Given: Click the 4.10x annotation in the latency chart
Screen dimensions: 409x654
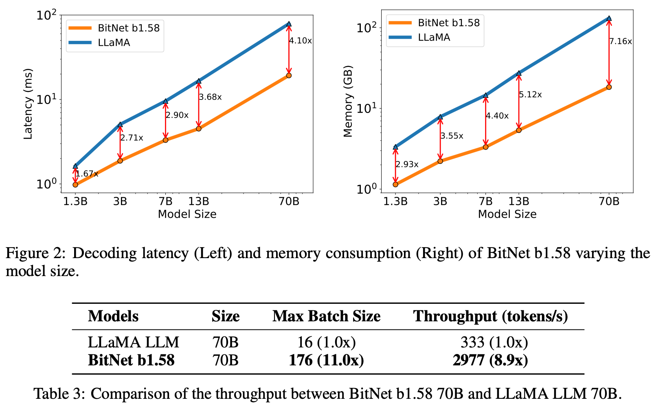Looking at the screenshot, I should (301, 41).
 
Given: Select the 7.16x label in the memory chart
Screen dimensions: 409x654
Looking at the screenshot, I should (621, 41).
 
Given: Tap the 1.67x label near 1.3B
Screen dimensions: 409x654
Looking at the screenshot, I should (87, 174).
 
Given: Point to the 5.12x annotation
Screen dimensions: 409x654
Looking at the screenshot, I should (530, 95).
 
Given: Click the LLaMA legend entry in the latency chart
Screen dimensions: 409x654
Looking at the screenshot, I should (114, 43).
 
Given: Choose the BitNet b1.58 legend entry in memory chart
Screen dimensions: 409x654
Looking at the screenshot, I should (449, 23).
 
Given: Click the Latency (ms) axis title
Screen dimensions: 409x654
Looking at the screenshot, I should (28, 104).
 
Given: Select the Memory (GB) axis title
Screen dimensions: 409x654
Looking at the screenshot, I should (348, 102).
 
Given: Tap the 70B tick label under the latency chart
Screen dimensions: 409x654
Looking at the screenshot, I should (289, 201).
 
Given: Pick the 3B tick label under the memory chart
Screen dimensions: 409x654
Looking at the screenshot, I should (440, 201).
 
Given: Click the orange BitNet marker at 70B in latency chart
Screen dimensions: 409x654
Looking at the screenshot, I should (289, 75).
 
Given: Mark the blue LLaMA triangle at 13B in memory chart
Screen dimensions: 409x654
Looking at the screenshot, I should (519, 73).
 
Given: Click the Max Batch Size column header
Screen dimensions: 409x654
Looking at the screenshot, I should (326, 316).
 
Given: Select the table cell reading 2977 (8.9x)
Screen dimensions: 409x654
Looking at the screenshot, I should (490, 360).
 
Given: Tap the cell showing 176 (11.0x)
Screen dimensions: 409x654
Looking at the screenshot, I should (326, 360).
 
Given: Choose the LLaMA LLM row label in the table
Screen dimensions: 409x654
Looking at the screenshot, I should (134, 342).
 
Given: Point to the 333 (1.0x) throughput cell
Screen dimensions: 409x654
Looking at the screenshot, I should (494, 342).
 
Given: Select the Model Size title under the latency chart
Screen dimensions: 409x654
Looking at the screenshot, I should (187, 214).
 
